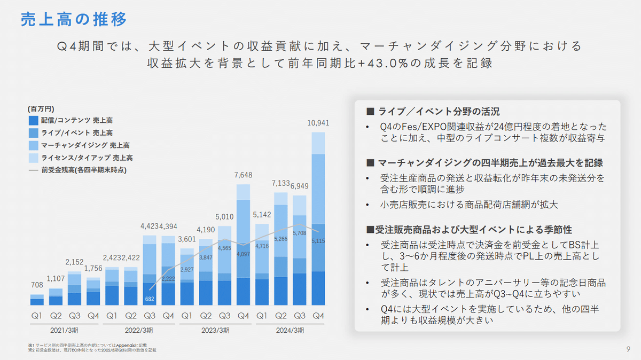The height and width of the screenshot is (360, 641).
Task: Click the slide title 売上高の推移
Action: (74, 20)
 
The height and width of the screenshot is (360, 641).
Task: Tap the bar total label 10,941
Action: (318, 123)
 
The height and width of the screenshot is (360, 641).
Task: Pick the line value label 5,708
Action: (300, 233)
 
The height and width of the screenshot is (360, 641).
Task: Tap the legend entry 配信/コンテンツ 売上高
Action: (76, 121)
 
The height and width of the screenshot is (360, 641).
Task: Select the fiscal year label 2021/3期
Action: (65, 330)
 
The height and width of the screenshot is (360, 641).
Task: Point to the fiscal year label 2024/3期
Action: (290, 330)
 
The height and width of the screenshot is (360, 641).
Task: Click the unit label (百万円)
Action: (41, 108)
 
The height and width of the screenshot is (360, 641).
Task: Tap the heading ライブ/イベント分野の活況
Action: (433, 112)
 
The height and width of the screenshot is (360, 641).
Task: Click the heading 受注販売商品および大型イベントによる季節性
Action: (469, 230)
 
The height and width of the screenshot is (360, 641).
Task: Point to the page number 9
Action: (627, 349)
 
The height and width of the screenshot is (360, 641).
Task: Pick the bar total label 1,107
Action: (56, 278)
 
